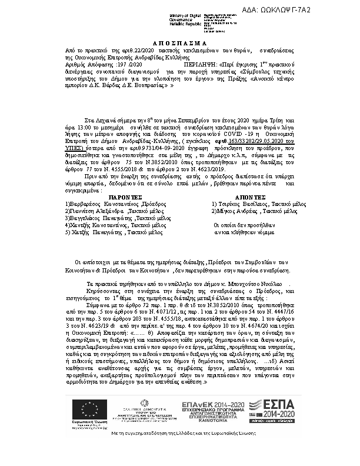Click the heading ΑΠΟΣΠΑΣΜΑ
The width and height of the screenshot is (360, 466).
tap(179, 44)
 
